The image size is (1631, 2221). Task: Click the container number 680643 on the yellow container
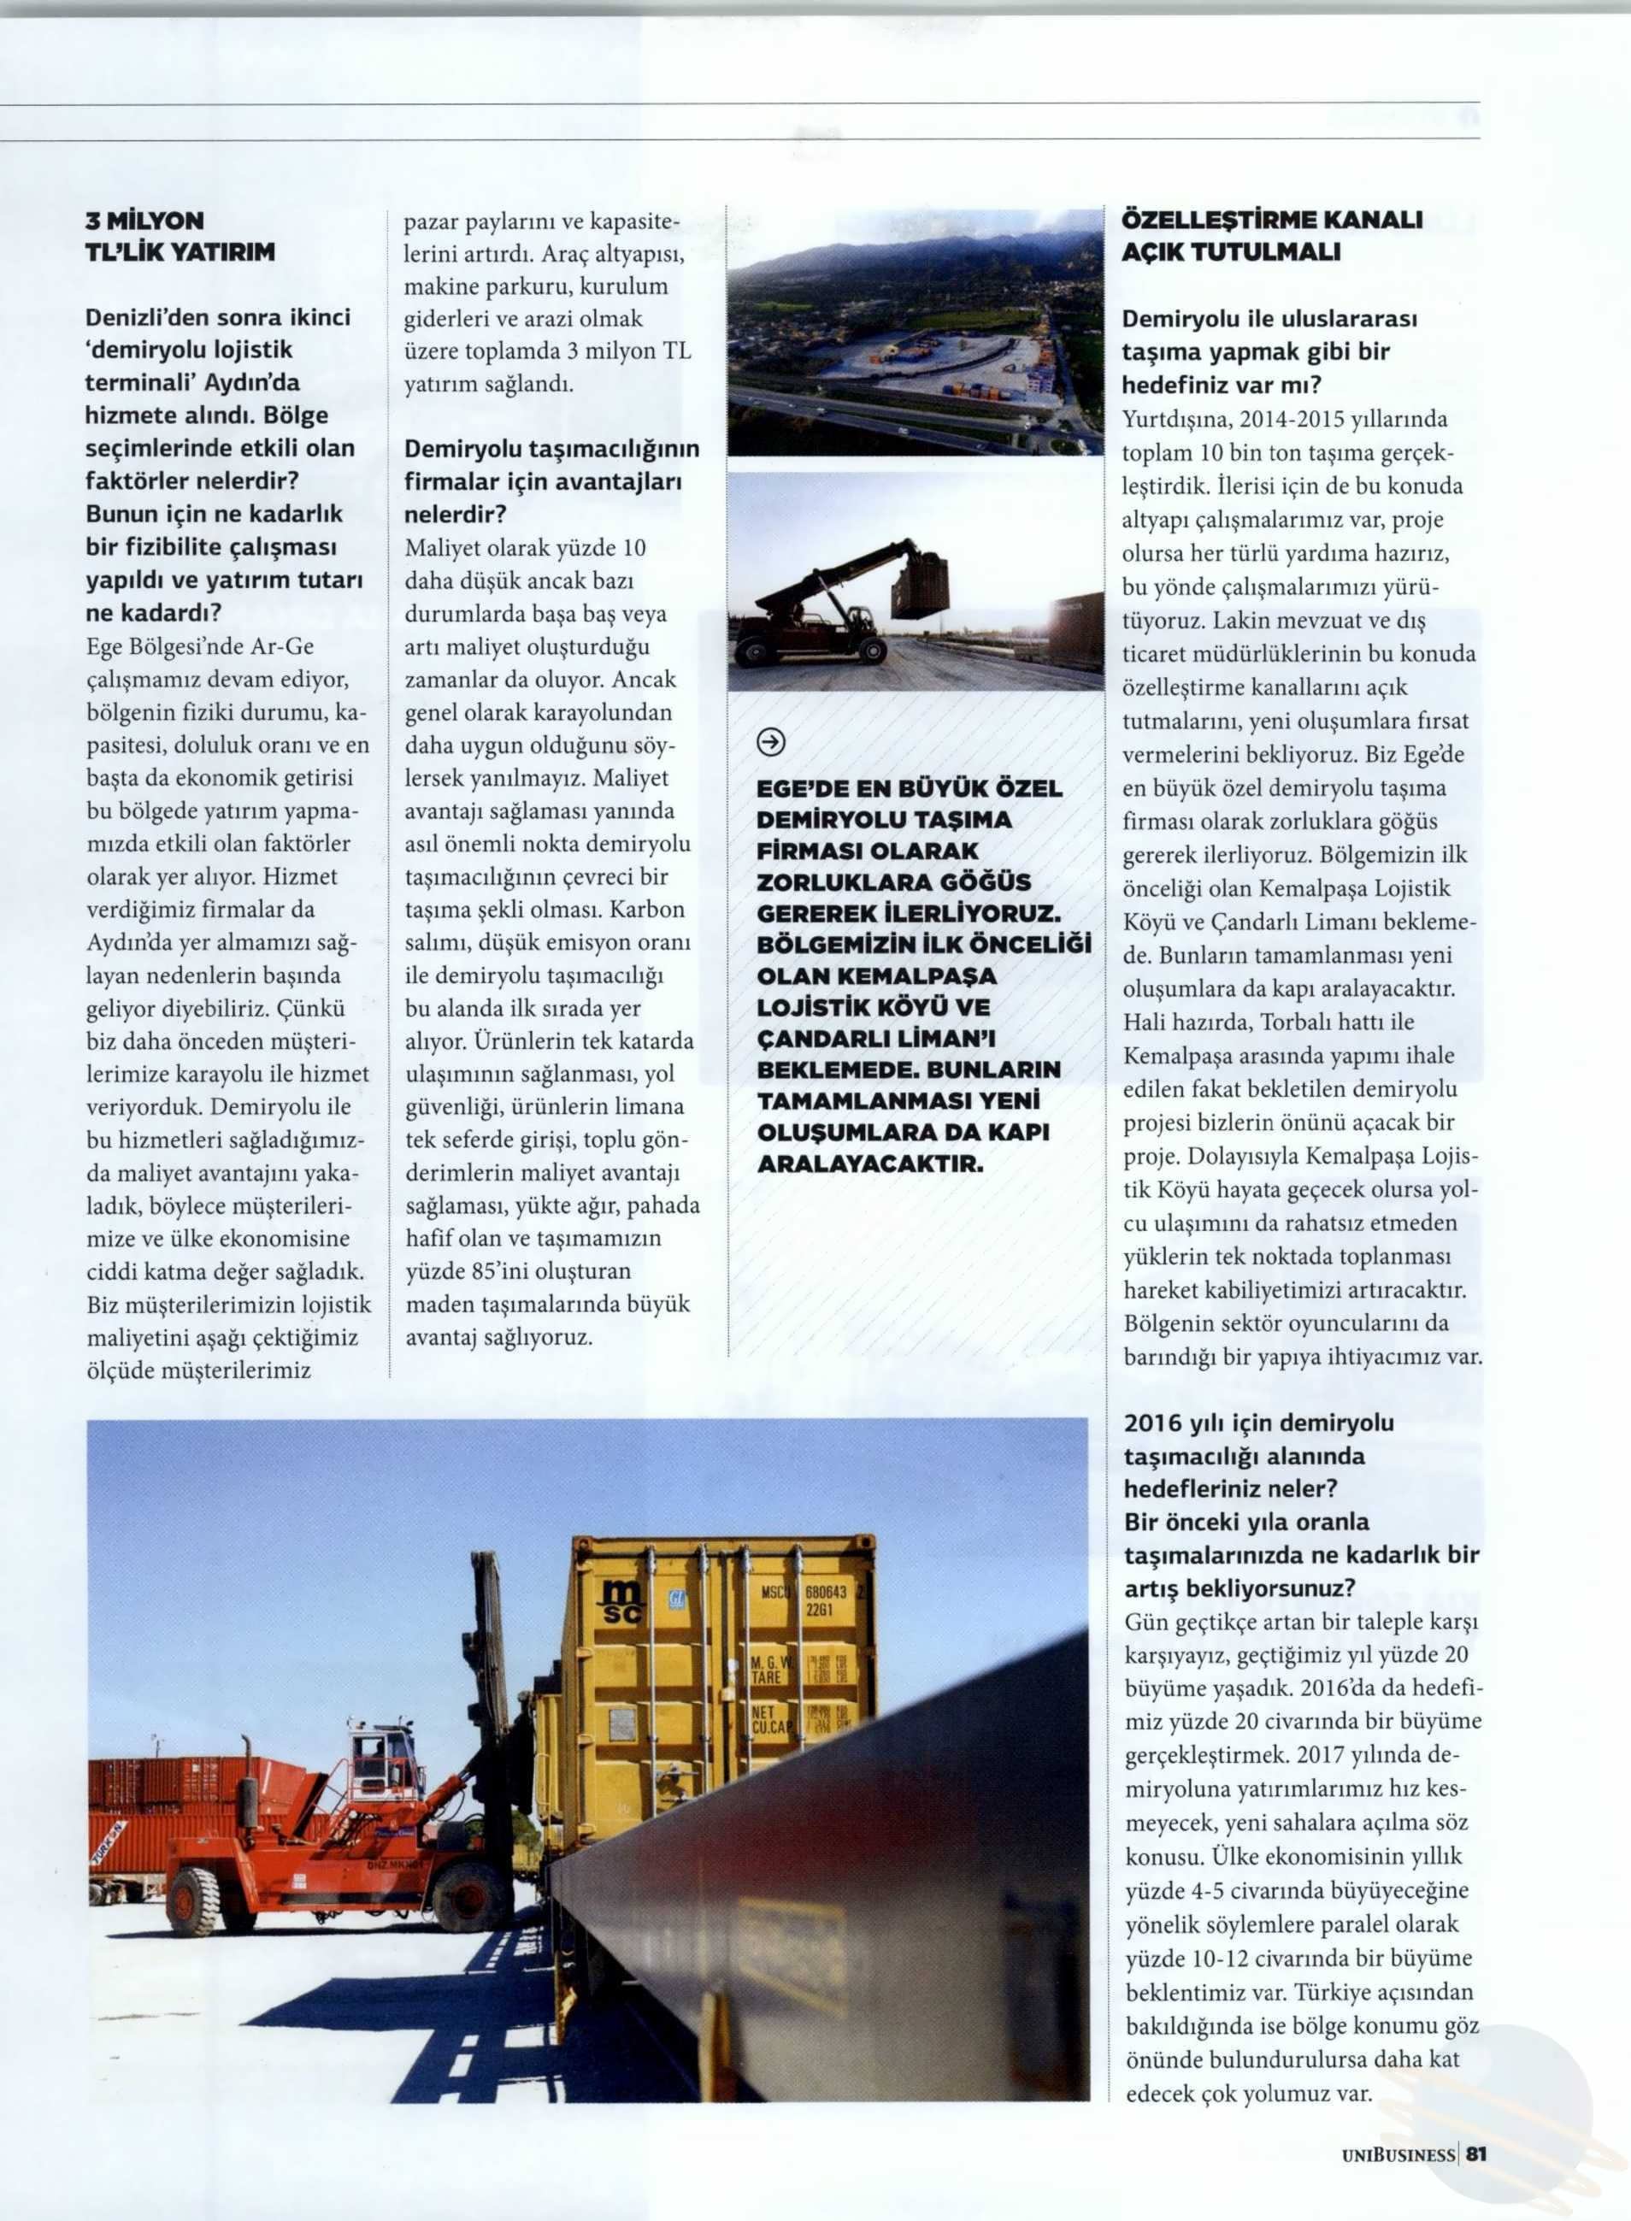[x=826, y=1592]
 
